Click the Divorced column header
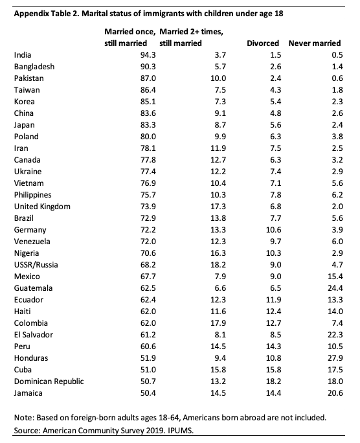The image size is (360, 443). [263, 43]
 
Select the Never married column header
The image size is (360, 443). [315, 43]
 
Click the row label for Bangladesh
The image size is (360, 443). [34, 67]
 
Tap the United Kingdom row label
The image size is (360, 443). [42, 207]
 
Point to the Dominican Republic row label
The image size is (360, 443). [49, 381]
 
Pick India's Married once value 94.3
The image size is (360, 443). [148, 55]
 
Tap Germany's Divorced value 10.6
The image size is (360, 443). [273, 230]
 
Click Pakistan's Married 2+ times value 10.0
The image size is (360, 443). [218, 78]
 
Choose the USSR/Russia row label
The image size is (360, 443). [36, 265]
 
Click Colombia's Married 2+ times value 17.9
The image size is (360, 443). [218, 323]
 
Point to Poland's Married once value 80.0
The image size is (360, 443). [148, 137]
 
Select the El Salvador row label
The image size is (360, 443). [34, 335]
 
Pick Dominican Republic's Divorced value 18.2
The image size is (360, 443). [273, 381]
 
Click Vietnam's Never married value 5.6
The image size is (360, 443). [337, 183]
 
